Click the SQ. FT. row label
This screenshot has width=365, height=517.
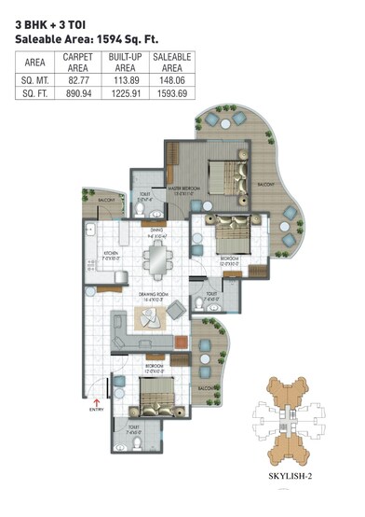click(34, 94)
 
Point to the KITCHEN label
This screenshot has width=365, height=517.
click(110, 252)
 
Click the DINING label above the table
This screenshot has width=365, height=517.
click(156, 230)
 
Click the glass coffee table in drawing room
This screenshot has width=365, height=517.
click(150, 318)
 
